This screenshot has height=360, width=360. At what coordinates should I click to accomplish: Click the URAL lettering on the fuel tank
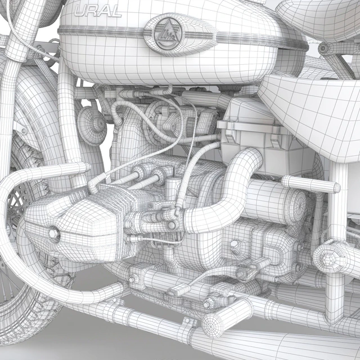pyautogui.click(x=98, y=11)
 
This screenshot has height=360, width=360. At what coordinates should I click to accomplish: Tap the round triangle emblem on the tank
pyautogui.click(x=168, y=34)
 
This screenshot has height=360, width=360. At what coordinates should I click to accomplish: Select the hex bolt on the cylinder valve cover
pyautogui.click(x=54, y=234)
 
